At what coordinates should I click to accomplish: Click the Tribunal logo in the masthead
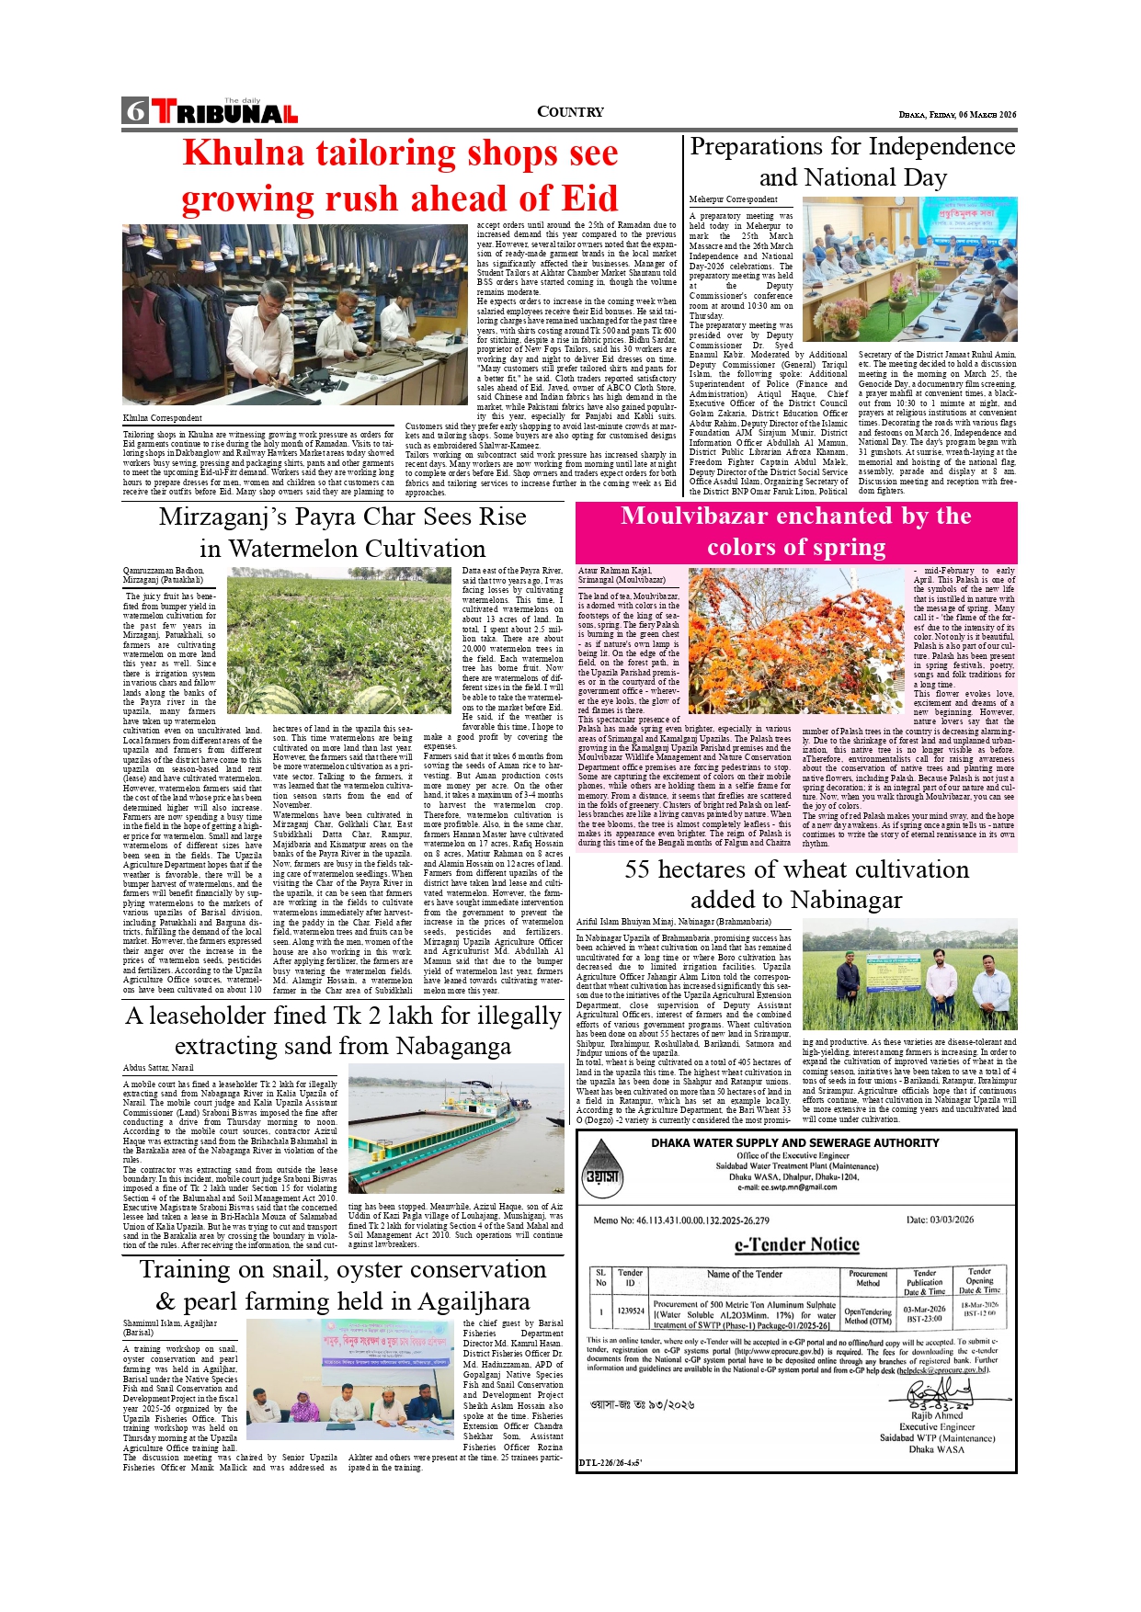pos(225,112)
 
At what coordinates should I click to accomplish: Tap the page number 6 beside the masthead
pos(136,111)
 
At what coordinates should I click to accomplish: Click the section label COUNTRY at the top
pos(570,112)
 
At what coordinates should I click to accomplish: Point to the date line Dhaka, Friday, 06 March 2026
pos(957,115)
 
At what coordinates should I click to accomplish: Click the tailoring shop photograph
pos(295,314)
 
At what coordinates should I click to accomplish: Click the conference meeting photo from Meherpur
pos(909,269)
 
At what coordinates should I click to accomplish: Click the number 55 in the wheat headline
pos(637,869)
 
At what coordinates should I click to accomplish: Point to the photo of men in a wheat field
pos(909,974)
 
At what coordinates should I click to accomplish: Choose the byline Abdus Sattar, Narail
pos(158,1068)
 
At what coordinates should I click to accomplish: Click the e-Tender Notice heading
pos(796,1244)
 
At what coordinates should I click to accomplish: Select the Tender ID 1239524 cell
pos(631,1311)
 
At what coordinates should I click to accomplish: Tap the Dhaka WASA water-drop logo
pos(602,1167)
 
